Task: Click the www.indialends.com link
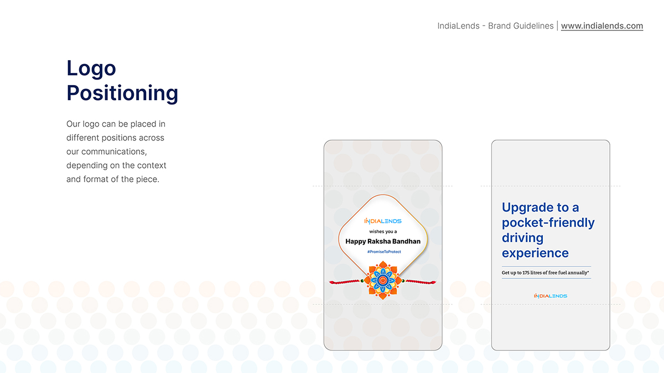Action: [x=602, y=26]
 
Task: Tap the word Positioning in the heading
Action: [x=122, y=93]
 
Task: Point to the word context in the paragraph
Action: [x=152, y=165]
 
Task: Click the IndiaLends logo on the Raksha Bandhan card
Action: [x=383, y=221]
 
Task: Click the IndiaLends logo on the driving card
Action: [x=551, y=296]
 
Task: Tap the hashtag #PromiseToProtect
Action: [x=384, y=251]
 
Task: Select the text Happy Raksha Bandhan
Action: [x=383, y=241]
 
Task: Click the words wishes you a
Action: [x=383, y=232]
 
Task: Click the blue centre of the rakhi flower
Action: [x=383, y=280]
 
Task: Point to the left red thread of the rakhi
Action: [x=345, y=282]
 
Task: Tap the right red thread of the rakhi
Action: [x=421, y=282]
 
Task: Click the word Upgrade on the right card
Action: [x=528, y=208]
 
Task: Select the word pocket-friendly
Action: [x=548, y=223]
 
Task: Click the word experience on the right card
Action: [x=535, y=254]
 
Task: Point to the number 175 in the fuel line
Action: [x=526, y=272]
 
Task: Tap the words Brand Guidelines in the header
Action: [x=521, y=26]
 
